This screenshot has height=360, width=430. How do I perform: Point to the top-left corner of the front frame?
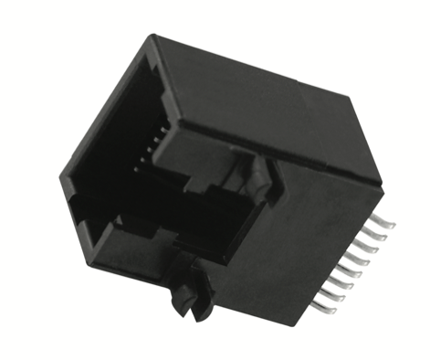[x=152, y=38]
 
